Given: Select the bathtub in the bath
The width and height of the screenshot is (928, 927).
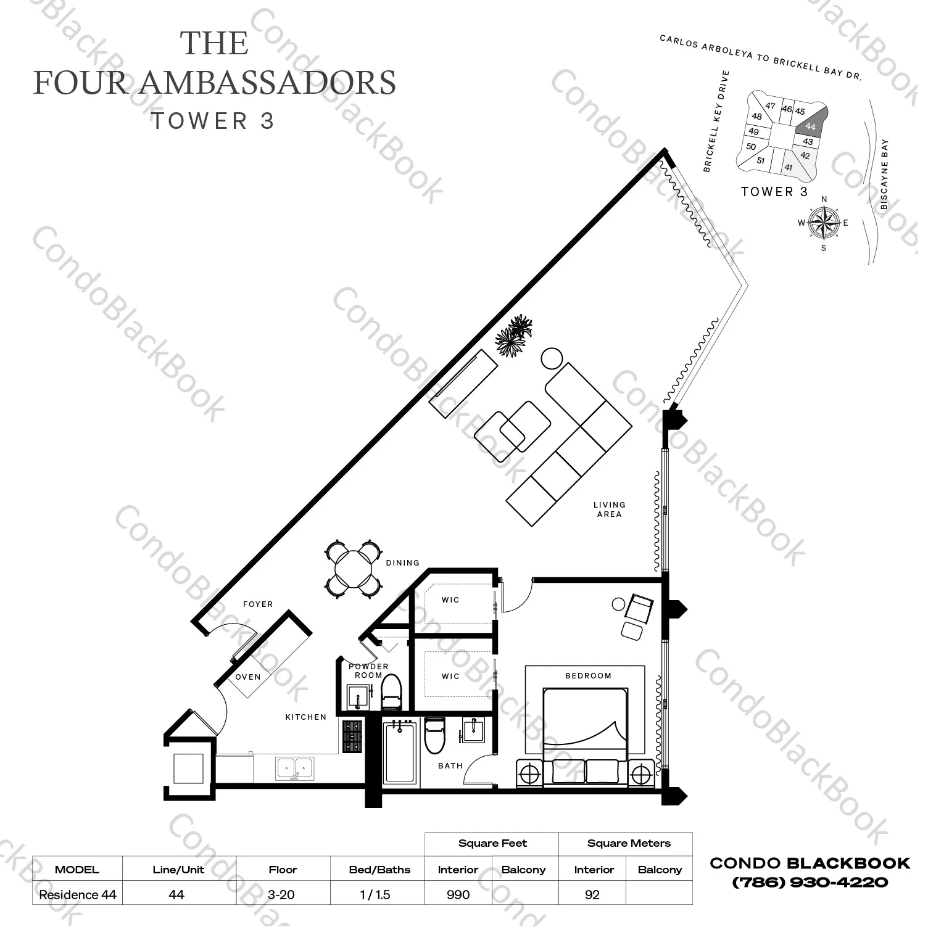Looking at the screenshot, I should (x=400, y=752).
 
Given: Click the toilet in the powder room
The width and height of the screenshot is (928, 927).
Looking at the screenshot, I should (x=391, y=692).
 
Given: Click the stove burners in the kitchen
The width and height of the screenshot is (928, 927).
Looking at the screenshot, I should (x=352, y=738).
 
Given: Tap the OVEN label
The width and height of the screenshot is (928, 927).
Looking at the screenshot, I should (x=248, y=677).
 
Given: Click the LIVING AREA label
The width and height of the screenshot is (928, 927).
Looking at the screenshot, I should (x=609, y=509).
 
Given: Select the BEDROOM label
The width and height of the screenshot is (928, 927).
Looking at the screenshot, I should (x=588, y=675).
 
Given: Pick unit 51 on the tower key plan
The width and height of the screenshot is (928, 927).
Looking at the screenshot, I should (x=760, y=161).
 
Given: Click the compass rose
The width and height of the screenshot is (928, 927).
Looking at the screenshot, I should (x=823, y=223).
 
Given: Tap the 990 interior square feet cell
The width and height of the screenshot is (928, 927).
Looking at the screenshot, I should (x=458, y=894).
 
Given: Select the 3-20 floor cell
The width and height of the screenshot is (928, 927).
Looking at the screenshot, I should (x=282, y=894).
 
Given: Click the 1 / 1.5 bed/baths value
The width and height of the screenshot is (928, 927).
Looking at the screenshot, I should (x=375, y=894).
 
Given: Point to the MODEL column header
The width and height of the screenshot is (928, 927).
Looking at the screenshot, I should (x=77, y=870).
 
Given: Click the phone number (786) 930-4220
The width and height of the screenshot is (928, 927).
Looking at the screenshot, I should (x=810, y=883).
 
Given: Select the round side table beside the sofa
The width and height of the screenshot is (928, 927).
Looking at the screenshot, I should (x=552, y=358).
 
